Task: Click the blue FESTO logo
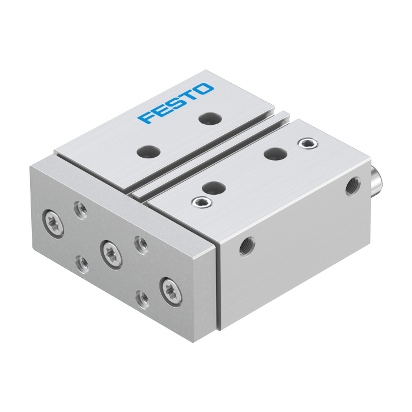[x=175, y=103]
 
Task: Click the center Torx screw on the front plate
[x=111, y=255]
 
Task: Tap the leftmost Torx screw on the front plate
[x=54, y=224]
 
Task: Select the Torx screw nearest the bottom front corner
[x=171, y=292]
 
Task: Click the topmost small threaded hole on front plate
[x=81, y=211]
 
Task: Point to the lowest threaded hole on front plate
[x=142, y=300]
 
